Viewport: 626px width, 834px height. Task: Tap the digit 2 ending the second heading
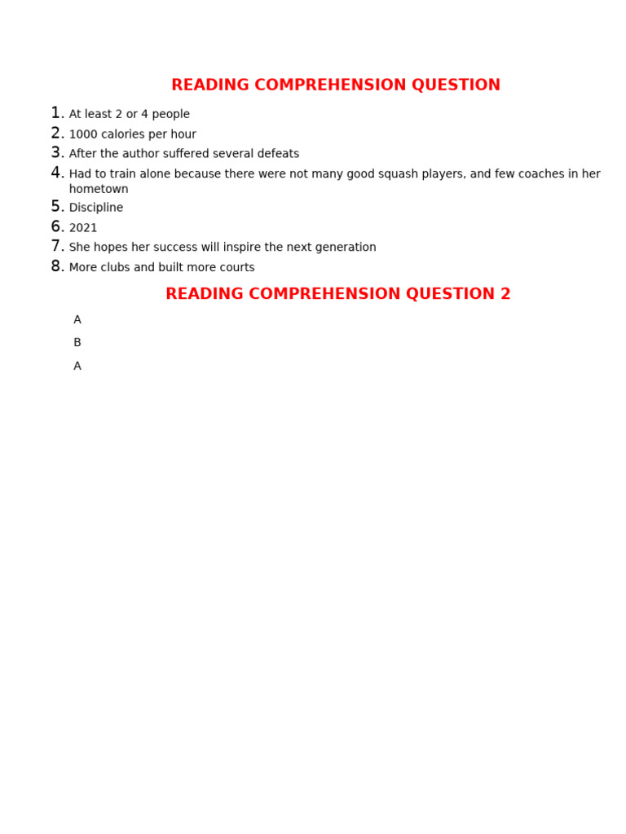tap(505, 294)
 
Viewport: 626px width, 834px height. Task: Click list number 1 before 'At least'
tap(56, 113)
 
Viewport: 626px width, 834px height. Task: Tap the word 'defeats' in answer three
tap(277, 154)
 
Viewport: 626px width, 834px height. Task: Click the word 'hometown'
tap(99, 189)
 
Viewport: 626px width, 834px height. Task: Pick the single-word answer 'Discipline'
tap(96, 208)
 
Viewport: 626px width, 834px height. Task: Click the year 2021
tap(83, 228)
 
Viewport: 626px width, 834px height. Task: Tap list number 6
tap(56, 227)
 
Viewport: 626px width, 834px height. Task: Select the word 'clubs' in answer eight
tap(117, 267)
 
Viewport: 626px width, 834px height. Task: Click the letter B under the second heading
tap(77, 343)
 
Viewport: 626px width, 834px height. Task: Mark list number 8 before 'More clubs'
tap(56, 266)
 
